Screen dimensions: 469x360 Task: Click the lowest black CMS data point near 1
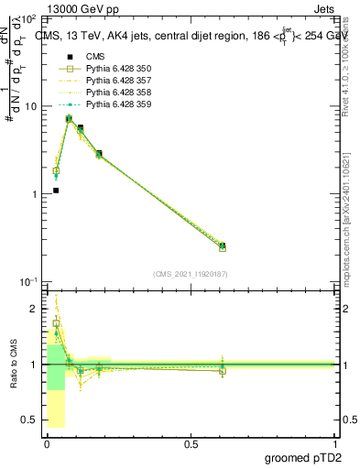pos(56,191)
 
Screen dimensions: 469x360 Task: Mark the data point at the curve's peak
pos(69,119)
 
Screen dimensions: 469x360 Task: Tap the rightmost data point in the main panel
pos(223,246)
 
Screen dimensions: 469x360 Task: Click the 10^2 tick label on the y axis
pos(28,18)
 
